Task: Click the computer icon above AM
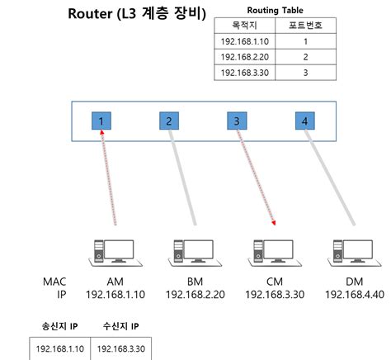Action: point(115,253)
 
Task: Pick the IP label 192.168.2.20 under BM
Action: point(195,295)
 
